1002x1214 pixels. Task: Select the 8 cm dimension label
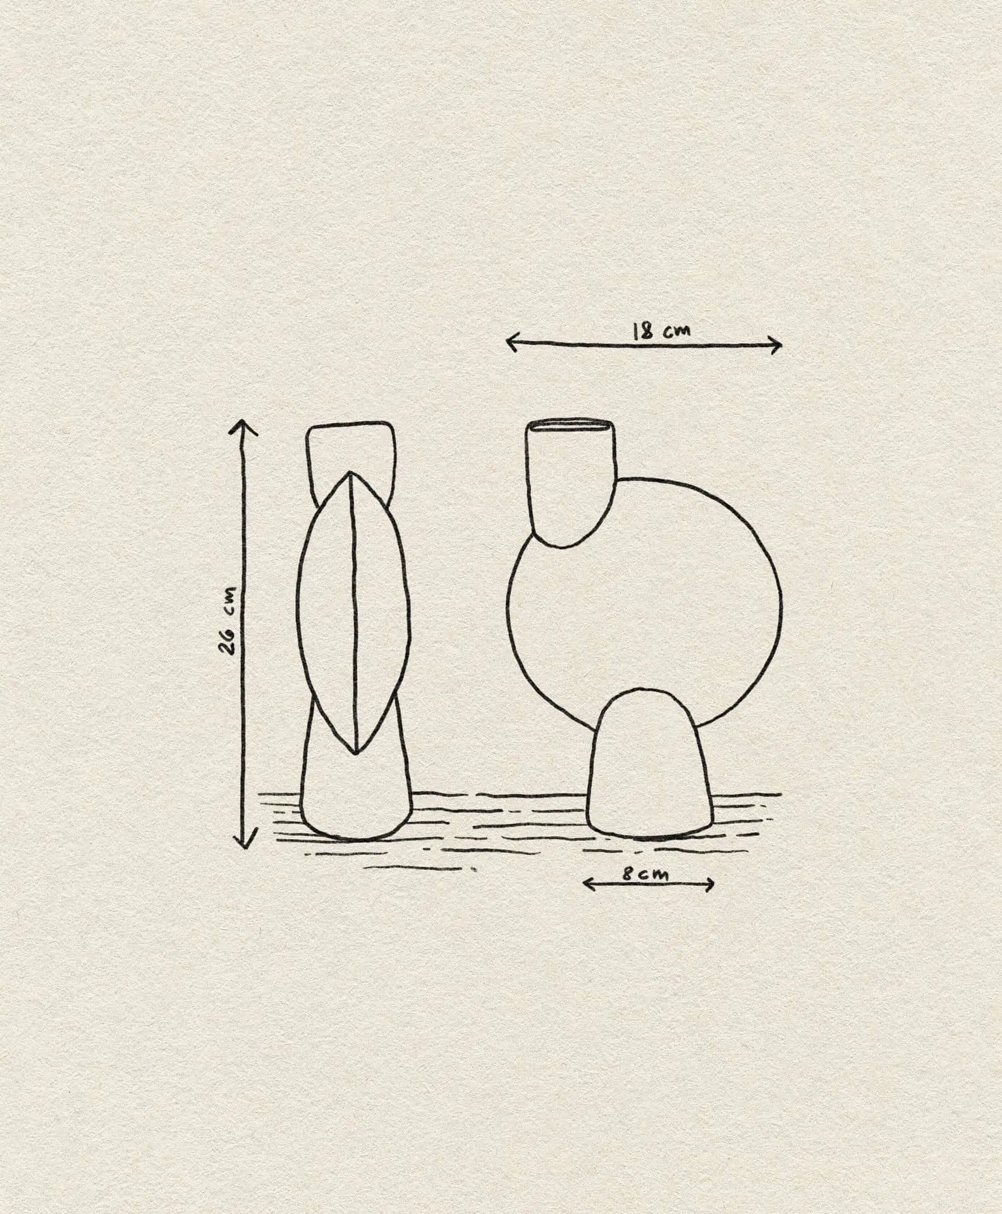645,874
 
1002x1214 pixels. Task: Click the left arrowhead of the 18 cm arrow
510,343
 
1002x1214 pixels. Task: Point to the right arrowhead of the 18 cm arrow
779,345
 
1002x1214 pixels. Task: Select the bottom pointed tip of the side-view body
356,752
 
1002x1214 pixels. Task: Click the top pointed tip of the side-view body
350,474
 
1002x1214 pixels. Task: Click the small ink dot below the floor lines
474,871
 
